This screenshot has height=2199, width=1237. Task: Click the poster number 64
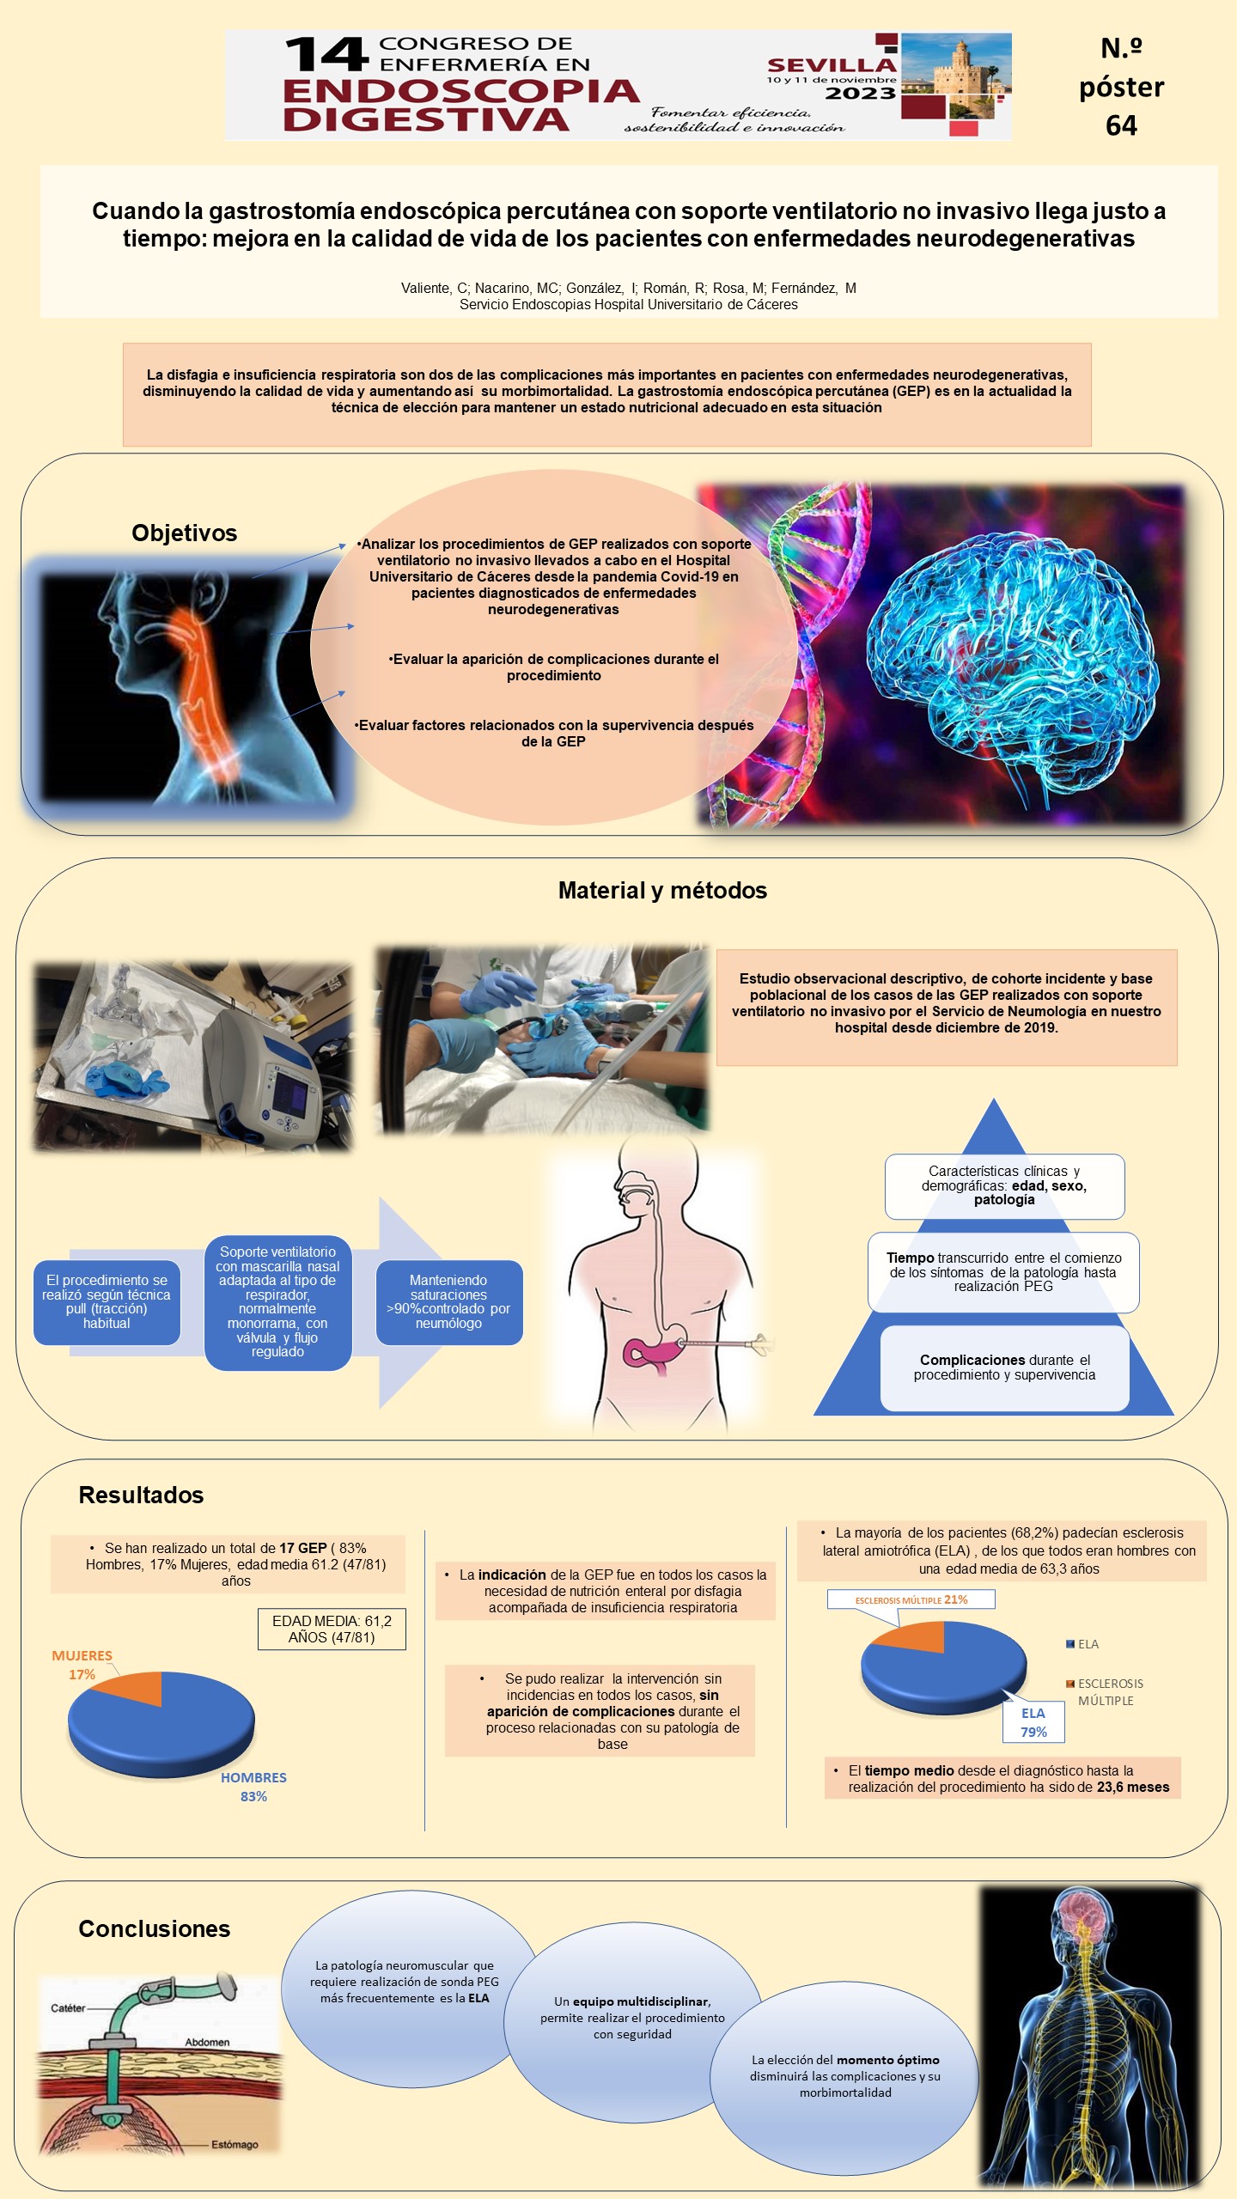point(1121,125)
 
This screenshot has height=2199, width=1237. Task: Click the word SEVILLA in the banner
point(831,65)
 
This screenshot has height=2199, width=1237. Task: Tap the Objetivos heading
point(184,533)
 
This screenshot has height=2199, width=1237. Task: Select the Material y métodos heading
point(662,890)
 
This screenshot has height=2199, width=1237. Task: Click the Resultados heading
point(141,1495)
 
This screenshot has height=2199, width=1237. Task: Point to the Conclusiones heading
point(155,1928)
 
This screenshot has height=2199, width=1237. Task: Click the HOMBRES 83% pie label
point(253,1787)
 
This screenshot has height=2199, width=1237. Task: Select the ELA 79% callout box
point(1033,1722)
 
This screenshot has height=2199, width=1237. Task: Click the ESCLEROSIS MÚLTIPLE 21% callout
point(911,1599)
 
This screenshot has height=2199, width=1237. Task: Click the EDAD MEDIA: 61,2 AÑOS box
point(332,1629)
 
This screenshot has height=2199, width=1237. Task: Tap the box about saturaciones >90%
point(449,1301)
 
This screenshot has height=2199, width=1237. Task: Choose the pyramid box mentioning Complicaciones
point(1004,1368)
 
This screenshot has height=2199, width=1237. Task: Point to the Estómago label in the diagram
point(235,2144)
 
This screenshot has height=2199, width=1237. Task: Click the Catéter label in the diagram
point(68,2007)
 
